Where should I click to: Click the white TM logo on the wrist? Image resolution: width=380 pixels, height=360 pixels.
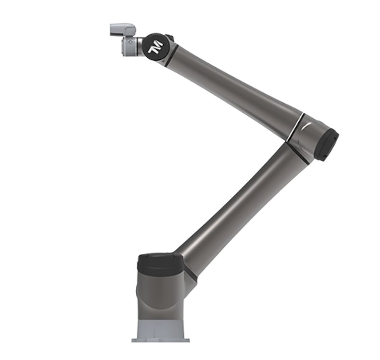point(155,47)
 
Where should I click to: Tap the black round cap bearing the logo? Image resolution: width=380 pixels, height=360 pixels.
point(156,47)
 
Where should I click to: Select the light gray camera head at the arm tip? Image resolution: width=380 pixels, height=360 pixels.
point(123,29)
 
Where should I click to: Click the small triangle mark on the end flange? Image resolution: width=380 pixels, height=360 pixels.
point(130,42)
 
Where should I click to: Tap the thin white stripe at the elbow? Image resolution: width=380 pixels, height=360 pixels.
point(295,127)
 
